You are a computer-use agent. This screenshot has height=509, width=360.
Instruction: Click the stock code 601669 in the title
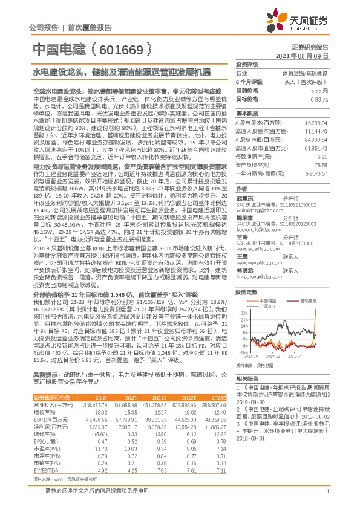pos(125,48)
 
